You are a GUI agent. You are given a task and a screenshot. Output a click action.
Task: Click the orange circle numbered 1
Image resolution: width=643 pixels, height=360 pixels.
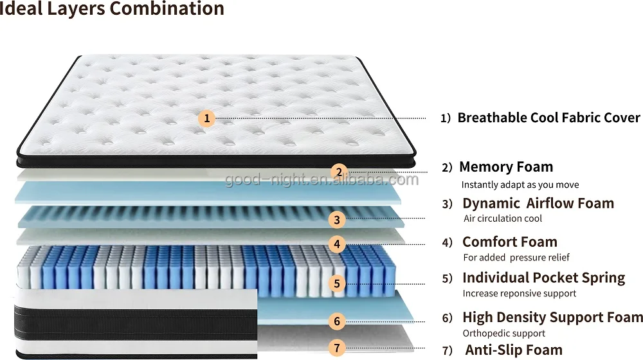[206, 118]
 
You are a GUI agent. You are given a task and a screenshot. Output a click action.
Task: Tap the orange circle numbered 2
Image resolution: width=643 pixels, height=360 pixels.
[339, 172]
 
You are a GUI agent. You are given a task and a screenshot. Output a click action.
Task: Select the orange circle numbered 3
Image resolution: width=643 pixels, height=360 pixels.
[336, 220]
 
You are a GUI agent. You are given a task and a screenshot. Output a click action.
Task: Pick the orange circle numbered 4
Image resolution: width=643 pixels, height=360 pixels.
[336, 244]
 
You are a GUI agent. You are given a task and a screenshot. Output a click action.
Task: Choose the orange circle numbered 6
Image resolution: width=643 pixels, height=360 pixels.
[337, 321]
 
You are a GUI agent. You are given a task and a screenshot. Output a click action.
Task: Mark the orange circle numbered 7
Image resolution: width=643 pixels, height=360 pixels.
[336, 348]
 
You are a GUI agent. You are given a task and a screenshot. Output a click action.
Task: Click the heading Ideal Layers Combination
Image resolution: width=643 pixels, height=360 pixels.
[112, 9]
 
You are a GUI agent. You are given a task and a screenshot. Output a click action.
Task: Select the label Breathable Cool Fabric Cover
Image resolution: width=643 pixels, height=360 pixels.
[548, 118]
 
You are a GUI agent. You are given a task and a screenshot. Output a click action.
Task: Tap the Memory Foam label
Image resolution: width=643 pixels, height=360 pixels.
[506, 167]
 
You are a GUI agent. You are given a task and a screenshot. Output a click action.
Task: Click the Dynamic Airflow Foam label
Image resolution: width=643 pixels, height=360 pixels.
[538, 204]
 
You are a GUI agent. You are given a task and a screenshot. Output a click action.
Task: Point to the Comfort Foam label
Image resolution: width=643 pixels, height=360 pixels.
[510, 242]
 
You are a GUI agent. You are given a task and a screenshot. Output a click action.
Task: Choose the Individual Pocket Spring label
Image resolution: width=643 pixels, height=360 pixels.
[543, 278]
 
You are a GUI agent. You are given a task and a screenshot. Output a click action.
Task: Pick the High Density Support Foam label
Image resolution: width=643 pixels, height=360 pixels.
[552, 317]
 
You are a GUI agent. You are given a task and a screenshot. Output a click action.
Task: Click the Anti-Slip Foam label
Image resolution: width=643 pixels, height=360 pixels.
[513, 350]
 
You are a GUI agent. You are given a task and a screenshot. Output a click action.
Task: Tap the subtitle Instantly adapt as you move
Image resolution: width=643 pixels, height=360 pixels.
[520, 184]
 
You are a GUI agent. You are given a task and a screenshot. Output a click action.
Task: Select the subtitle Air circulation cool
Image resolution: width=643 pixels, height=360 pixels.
[503, 219]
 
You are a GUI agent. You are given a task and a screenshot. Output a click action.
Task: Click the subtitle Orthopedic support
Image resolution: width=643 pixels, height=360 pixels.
[504, 333]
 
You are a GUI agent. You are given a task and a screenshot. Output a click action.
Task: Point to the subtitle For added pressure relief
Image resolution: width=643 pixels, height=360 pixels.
[516, 257]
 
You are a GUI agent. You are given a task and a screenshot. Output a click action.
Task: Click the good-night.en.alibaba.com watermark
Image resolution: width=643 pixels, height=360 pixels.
[321, 179]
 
